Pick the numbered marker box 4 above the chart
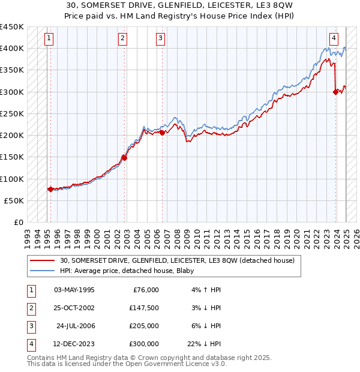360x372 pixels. tap(333, 36)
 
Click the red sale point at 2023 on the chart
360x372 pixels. tap(335, 92)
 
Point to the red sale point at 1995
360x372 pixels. tap(50, 189)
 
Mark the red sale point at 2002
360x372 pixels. tap(124, 158)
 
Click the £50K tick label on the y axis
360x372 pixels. tap(14, 200)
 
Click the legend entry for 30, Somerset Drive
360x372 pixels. tap(177, 261)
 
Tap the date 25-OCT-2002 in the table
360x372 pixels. tap(74, 308)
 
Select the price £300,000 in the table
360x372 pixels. tap(144, 344)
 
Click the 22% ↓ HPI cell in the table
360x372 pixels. tap(204, 344)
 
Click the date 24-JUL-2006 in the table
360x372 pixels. tap(76, 326)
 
